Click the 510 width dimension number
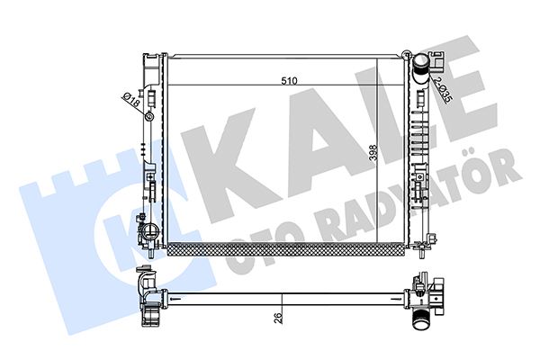(x=289, y=80)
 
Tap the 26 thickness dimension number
(x=278, y=316)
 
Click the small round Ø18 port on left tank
(x=150, y=114)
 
